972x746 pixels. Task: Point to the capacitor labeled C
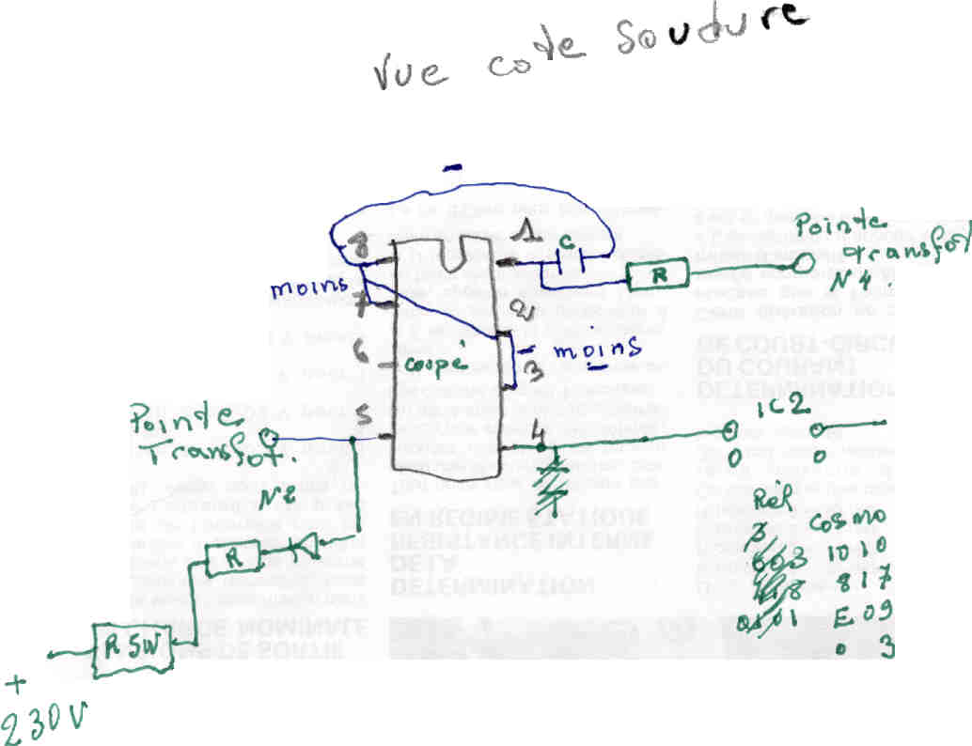(x=568, y=258)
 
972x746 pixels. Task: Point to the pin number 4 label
(x=538, y=433)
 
